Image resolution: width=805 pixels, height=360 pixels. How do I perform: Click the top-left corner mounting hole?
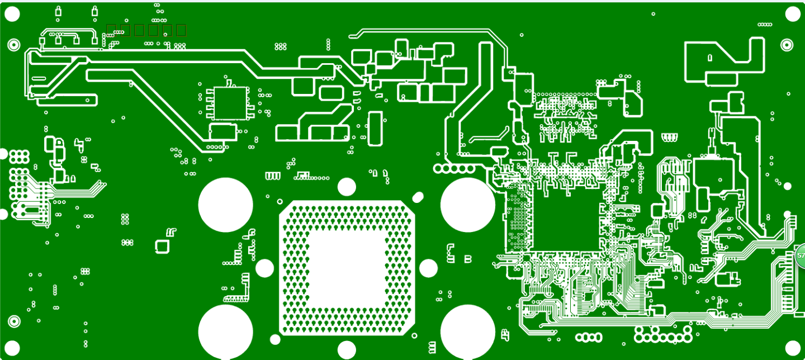pos(12,14)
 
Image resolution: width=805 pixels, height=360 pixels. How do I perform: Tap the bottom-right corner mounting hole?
pos(793,348)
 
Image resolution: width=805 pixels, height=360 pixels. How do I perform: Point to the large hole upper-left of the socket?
pos(226,205)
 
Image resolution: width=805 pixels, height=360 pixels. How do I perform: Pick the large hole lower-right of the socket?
pos(468,331)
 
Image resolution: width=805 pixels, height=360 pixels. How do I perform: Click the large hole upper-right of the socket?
pos(468,205)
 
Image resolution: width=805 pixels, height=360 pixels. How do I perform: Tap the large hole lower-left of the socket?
pos(226,331)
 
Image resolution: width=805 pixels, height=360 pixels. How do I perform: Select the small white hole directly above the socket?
pos(347,187)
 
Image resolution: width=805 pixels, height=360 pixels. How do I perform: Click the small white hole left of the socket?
pos(264,268)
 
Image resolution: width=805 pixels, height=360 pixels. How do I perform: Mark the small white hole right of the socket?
pos(428,268)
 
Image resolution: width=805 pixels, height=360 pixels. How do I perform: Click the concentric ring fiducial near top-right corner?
pos(787,45)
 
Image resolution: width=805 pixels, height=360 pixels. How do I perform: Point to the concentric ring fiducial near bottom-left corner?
pos(14,321)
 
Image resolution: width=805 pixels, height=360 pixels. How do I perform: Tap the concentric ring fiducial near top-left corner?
pos(13,45)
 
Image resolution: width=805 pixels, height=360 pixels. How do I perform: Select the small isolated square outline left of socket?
pos(162,246)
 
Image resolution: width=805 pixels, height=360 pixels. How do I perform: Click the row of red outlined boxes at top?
pos(146,30)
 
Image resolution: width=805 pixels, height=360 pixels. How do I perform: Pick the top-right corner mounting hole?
pos(793,14)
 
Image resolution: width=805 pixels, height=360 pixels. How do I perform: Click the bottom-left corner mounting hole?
pos(12,348)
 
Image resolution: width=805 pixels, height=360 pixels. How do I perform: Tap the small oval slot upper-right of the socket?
pos(418,197)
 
